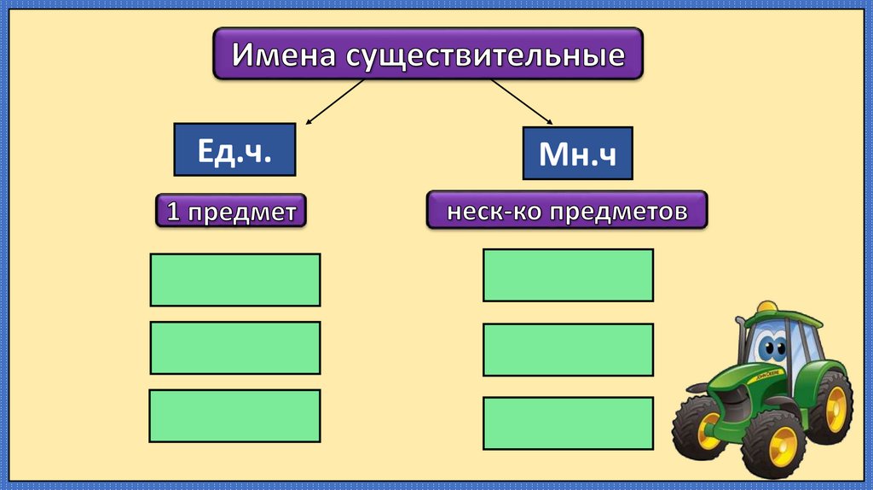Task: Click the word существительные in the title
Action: pos(485,56)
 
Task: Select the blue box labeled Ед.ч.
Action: pos(234,150)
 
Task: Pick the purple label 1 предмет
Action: pos(230,211)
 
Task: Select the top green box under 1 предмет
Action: pos(235,279)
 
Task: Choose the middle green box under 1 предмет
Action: pos(235,347)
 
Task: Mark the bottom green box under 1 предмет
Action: pos(235,416)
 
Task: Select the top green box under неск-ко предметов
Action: pos(569,275)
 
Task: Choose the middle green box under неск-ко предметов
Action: pos(569,350)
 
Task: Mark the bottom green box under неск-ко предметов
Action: pos(569,424)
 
